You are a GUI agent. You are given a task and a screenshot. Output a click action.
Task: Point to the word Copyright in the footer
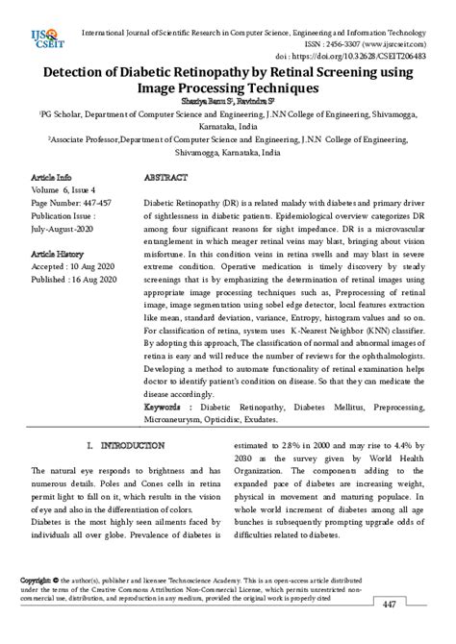[x=36, y=582]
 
